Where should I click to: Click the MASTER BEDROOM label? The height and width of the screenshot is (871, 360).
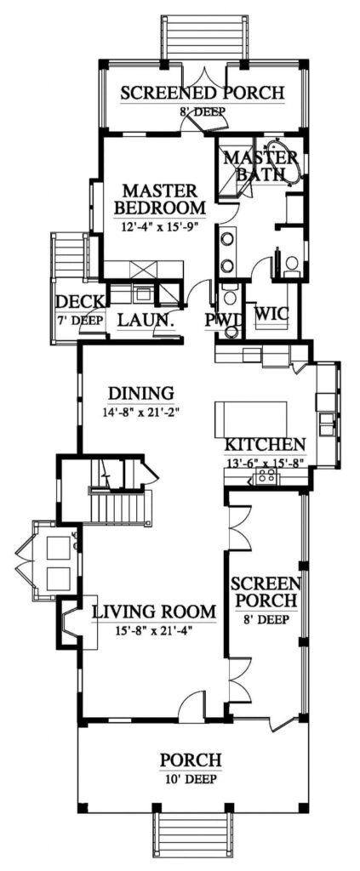160,197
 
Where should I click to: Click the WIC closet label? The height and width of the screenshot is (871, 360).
271,314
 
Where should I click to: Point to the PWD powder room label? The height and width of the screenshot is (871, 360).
225,320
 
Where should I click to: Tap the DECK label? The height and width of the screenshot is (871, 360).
78,302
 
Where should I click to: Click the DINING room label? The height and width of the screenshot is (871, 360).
141,393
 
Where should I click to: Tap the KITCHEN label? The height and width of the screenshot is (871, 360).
265,445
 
